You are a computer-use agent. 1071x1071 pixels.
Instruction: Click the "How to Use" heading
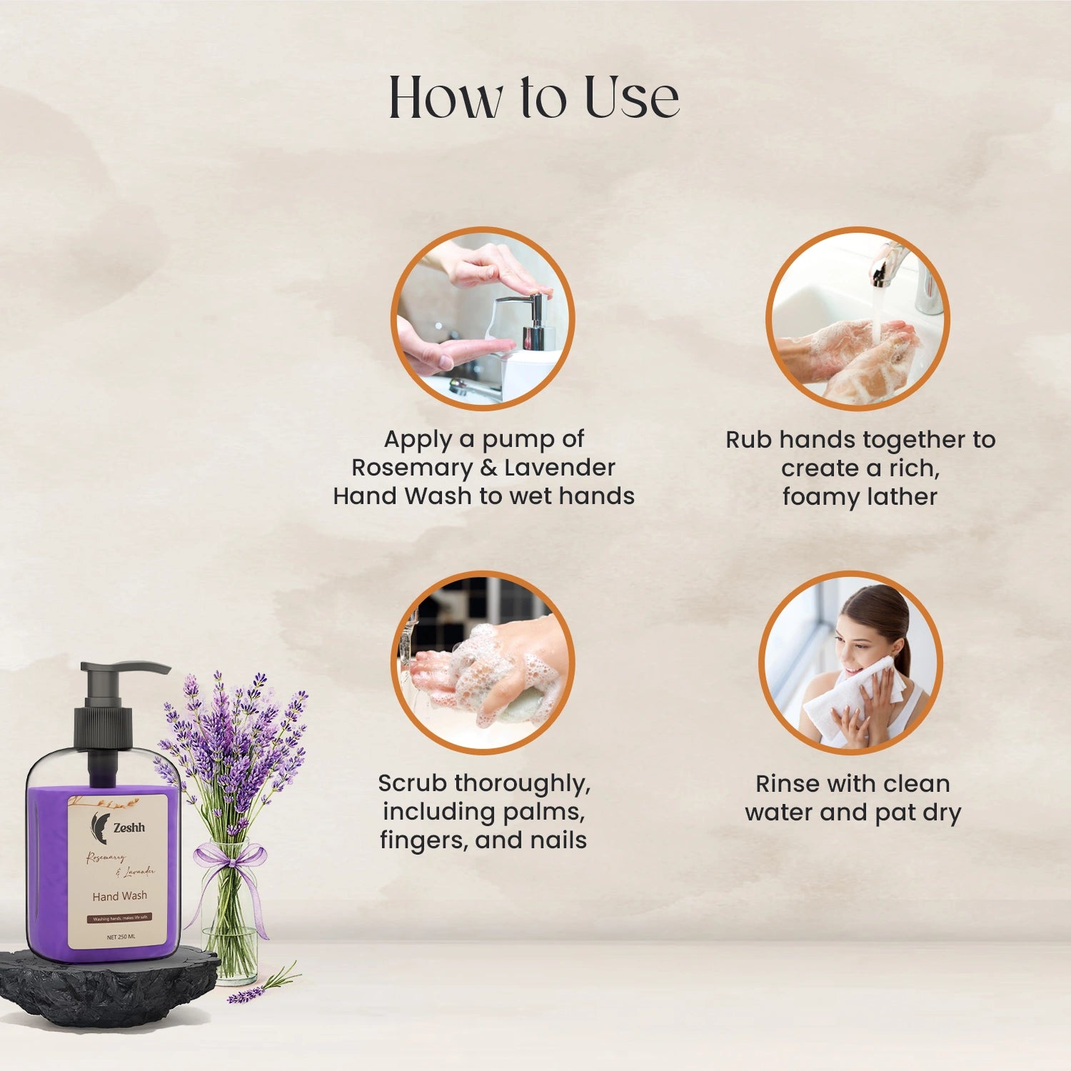[533, 97]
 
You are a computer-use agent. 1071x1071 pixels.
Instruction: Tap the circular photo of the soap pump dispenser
[483, 318]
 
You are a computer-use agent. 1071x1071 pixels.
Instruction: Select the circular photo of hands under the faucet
[858, 318]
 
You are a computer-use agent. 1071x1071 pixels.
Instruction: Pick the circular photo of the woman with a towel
[850, 663]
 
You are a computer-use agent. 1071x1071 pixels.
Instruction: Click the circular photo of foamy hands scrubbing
[483, 663]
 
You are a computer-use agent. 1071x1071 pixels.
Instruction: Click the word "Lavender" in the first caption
[560, 468]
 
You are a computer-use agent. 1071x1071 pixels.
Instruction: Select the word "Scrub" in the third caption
[413, 783]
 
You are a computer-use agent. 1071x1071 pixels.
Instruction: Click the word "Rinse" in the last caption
[787, 784]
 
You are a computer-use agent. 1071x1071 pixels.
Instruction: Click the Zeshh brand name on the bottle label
[129, 828]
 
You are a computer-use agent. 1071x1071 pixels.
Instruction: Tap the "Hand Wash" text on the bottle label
[120, 896]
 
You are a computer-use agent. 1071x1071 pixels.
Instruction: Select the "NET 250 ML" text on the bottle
[121, 937]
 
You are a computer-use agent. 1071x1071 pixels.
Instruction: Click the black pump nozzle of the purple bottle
[125, 669]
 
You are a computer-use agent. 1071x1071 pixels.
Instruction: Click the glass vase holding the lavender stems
[230, 928]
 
